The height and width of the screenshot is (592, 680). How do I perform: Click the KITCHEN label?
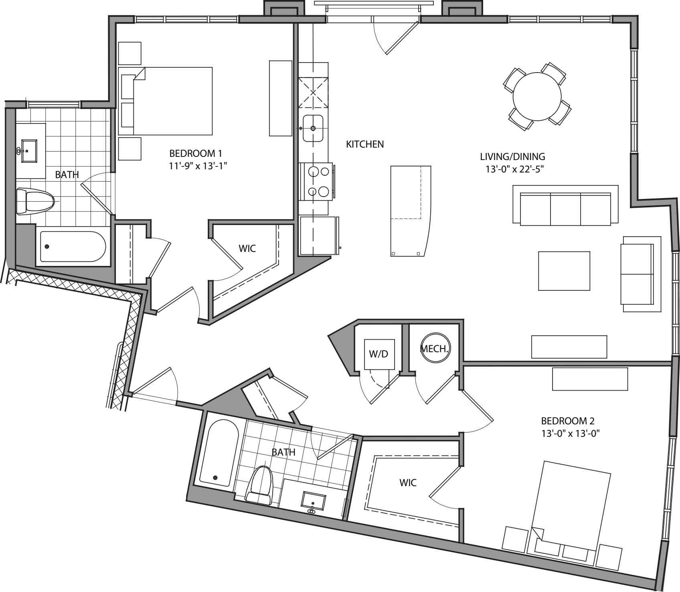pos(365,144)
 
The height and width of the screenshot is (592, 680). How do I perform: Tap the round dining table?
pos(537,96)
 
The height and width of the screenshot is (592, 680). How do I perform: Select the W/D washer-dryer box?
pos(379,354)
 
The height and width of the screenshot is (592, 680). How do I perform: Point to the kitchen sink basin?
pos(313,128)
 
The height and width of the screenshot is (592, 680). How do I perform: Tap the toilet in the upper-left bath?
pos(35,202)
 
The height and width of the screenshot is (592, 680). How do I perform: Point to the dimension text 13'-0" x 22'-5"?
pos(515,169)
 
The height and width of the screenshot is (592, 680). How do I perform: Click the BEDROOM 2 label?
pos(568,421)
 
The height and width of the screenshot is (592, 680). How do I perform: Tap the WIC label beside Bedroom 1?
pos(247,249)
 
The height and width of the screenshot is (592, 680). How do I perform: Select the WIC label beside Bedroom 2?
pos(408,483)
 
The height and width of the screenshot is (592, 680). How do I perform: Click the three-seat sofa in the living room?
pos(565,209)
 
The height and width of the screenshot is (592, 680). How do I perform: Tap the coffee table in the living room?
pos(564,271)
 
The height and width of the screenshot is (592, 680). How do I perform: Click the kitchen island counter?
pos(409,211)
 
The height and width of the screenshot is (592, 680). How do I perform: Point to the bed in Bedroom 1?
pos(172,101)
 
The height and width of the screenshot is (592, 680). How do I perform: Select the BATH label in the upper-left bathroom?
pos(67,174)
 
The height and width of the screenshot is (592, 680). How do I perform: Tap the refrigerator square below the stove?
pos(317,235)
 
